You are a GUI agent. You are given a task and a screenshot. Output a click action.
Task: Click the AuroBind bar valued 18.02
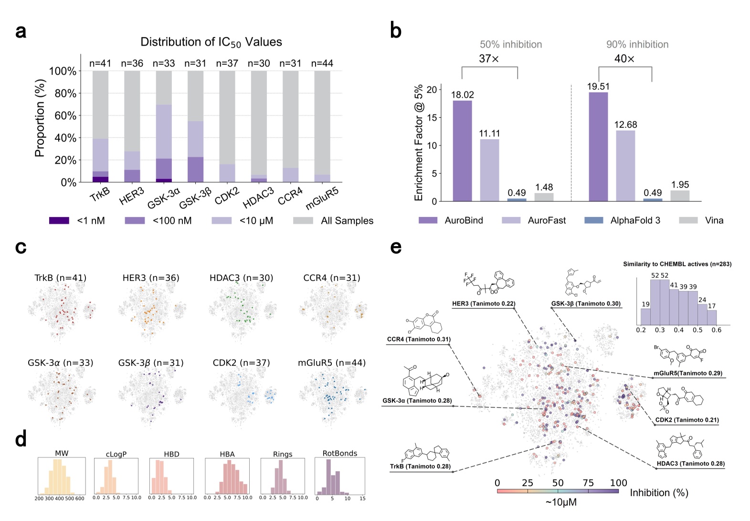tap(462, 151)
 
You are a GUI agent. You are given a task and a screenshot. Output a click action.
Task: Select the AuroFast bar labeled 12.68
tap(625, 166)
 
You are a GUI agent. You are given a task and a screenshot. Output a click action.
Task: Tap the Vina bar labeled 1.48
tap(544, 197)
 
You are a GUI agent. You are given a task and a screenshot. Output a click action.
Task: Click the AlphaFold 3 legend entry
tap(635, 220)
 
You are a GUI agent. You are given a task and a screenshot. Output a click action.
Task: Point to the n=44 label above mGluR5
tap(322, 63)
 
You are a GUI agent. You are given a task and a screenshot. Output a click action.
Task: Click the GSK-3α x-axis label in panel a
tap(164, 198)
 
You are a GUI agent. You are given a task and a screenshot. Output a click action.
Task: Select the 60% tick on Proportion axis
tap(65, 115)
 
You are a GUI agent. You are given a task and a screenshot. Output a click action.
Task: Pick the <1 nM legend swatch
tap(59, 220)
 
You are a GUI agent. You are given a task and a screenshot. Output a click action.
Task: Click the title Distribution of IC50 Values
tap(211, 42)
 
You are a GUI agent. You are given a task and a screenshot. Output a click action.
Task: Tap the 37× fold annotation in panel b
tap(489, 59)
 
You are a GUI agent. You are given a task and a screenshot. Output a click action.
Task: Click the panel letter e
tap(396, 247)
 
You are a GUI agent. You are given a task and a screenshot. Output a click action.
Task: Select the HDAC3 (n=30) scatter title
tap(241, 278)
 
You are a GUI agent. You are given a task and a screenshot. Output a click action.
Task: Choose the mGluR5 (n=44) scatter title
tap(332, 363)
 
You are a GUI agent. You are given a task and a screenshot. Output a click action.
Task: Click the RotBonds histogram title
tap(339, 453)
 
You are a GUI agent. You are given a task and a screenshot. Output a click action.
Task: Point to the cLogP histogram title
tap(116, 454)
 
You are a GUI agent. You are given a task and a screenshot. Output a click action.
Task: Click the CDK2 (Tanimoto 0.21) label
tap(687, 420)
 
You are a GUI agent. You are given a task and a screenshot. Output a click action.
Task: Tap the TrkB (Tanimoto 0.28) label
tap(420, 466)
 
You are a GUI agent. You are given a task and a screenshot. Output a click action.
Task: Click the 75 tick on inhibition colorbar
tap(588, 483)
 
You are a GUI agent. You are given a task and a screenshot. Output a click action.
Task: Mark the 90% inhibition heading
tap(637, 44)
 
